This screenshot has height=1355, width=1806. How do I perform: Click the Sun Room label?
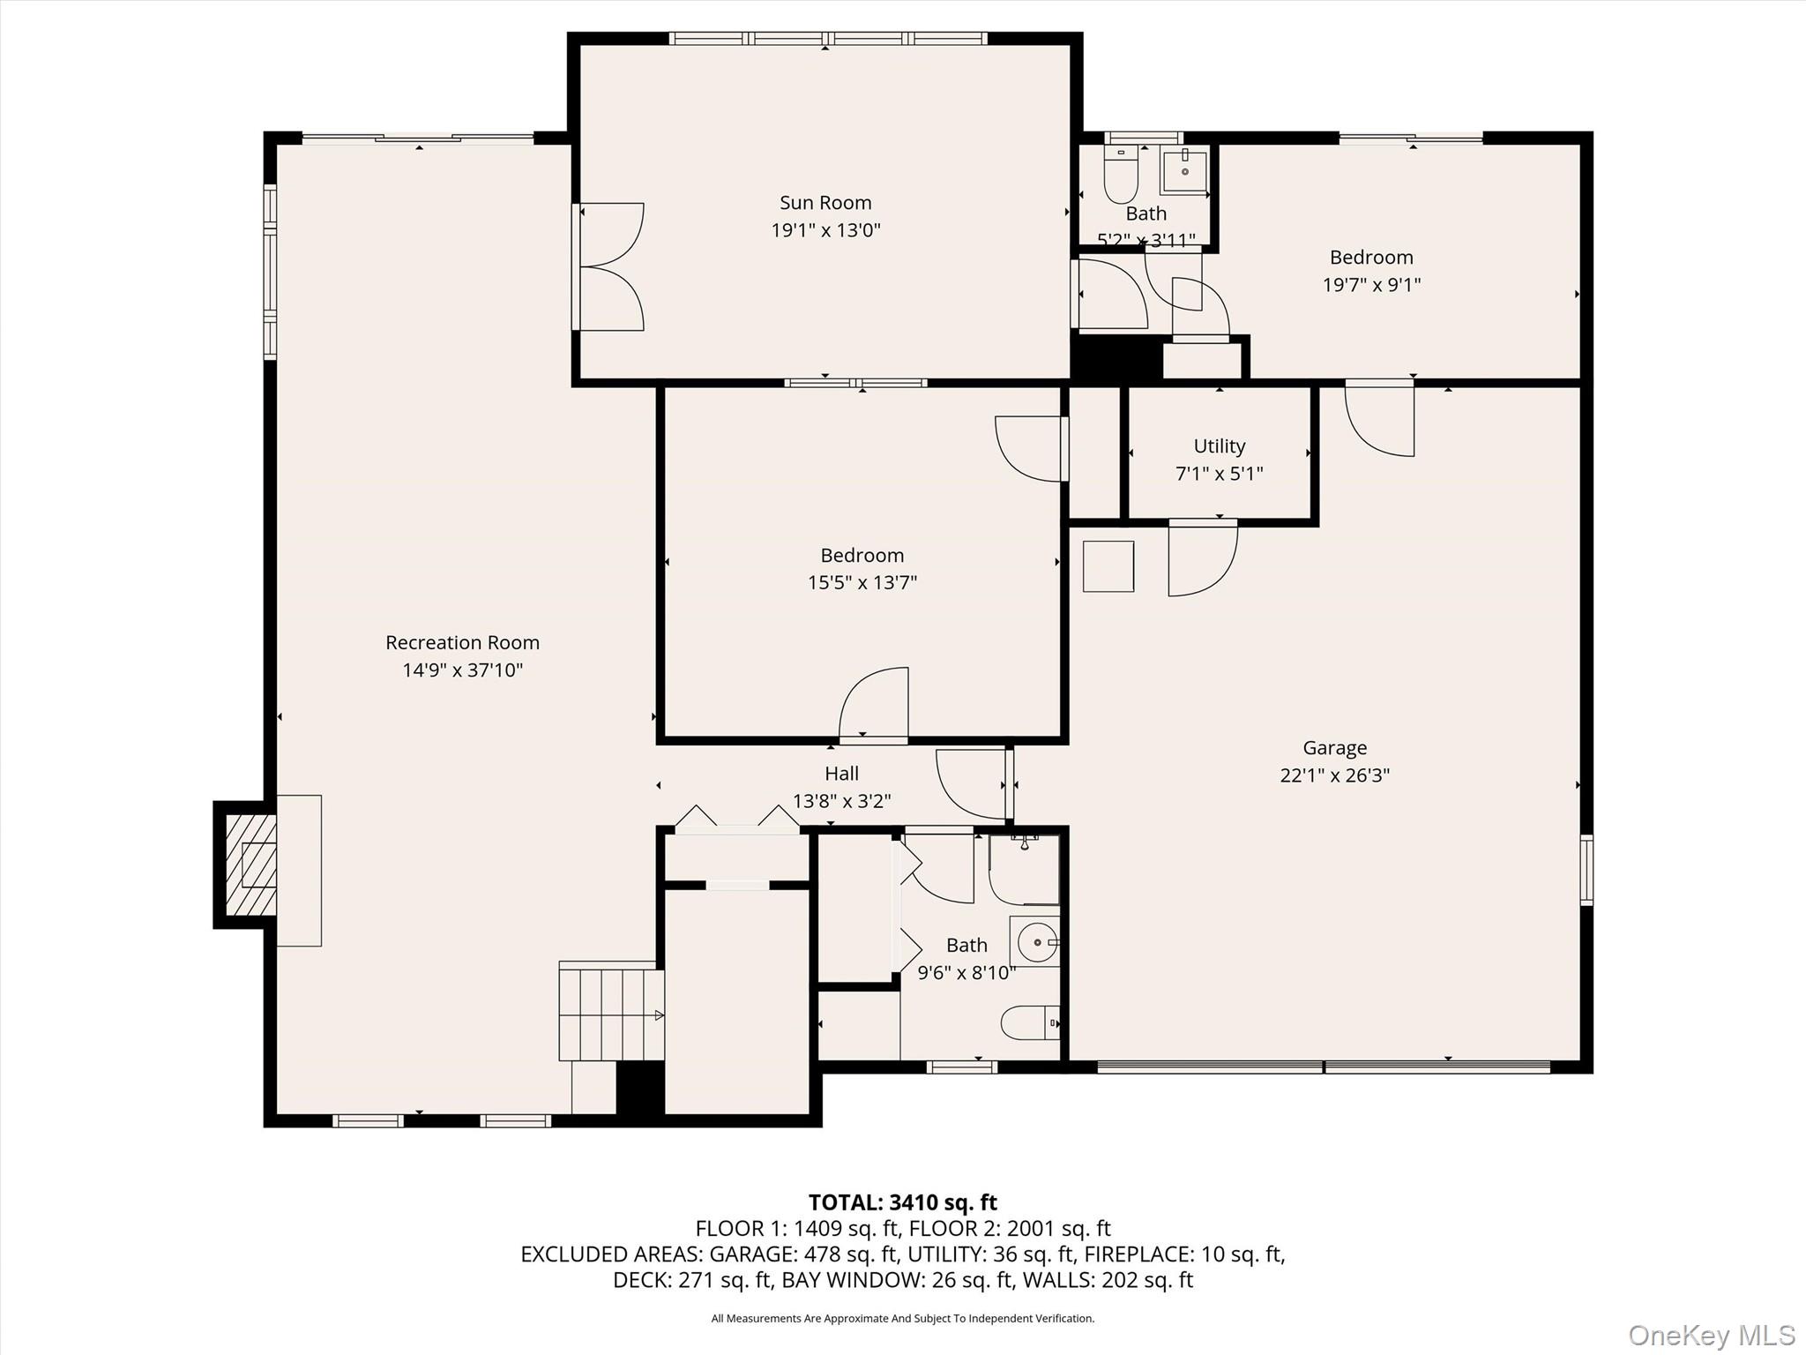[x=825, y=203]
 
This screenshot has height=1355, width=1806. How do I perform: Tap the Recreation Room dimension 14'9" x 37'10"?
[x=462, y=670]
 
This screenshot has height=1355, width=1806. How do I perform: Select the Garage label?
[x=1334, y=748]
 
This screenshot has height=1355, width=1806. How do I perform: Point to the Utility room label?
[x=1219, y=446]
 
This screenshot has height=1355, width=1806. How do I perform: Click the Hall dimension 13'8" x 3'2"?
[x=841, y=801]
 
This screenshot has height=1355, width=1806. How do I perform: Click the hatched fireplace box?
[x=250, y=865]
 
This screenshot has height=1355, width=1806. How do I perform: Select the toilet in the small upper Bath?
[x=1121, y=176]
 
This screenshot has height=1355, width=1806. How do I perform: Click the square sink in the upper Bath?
[x=1184, y=171]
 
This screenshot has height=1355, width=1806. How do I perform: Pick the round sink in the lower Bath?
[x=1037, y=942]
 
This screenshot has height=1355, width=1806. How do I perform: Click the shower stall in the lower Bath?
[x=1024, y=870]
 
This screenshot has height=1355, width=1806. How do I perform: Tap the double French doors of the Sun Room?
[x=610, y=266]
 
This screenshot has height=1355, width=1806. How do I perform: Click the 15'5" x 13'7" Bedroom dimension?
[x=862, y=583]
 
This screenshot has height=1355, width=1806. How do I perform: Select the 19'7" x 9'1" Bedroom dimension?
[x=1371, y=285]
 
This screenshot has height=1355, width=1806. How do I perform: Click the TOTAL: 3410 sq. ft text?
[x=902, y=1202]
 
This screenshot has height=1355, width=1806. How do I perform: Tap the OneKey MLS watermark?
[x=1711, y=1335]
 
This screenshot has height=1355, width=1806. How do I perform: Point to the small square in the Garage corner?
[x=1108, y=566]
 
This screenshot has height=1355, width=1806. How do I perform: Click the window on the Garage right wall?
[x=1586, y=871]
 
